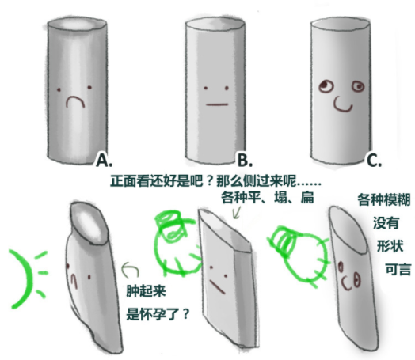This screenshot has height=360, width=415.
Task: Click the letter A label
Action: [104, 160]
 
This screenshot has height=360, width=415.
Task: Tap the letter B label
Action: [245, 160]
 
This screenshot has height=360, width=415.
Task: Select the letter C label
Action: [375, 160]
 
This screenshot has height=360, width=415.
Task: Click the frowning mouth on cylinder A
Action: [75, 102]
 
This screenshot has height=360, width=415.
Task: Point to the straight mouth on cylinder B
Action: [217, 104]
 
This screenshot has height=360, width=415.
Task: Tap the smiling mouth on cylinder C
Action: [342, 104]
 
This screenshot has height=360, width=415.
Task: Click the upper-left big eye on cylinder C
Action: [326, 86]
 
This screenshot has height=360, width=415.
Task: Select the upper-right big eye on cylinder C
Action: [358, 86]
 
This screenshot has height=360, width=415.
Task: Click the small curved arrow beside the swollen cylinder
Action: [130, 269]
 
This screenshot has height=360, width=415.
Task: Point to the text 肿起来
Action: [146, 291]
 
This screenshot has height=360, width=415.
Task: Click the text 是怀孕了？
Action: [158, 314]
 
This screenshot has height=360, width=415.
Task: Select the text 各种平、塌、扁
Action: [268, 198]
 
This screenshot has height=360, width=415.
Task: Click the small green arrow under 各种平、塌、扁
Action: [236, 213]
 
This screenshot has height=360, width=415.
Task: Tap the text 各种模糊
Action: [384, 199]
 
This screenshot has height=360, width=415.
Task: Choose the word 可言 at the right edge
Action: [398, 270]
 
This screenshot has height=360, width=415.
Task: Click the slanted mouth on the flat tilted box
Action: [218, 287]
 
